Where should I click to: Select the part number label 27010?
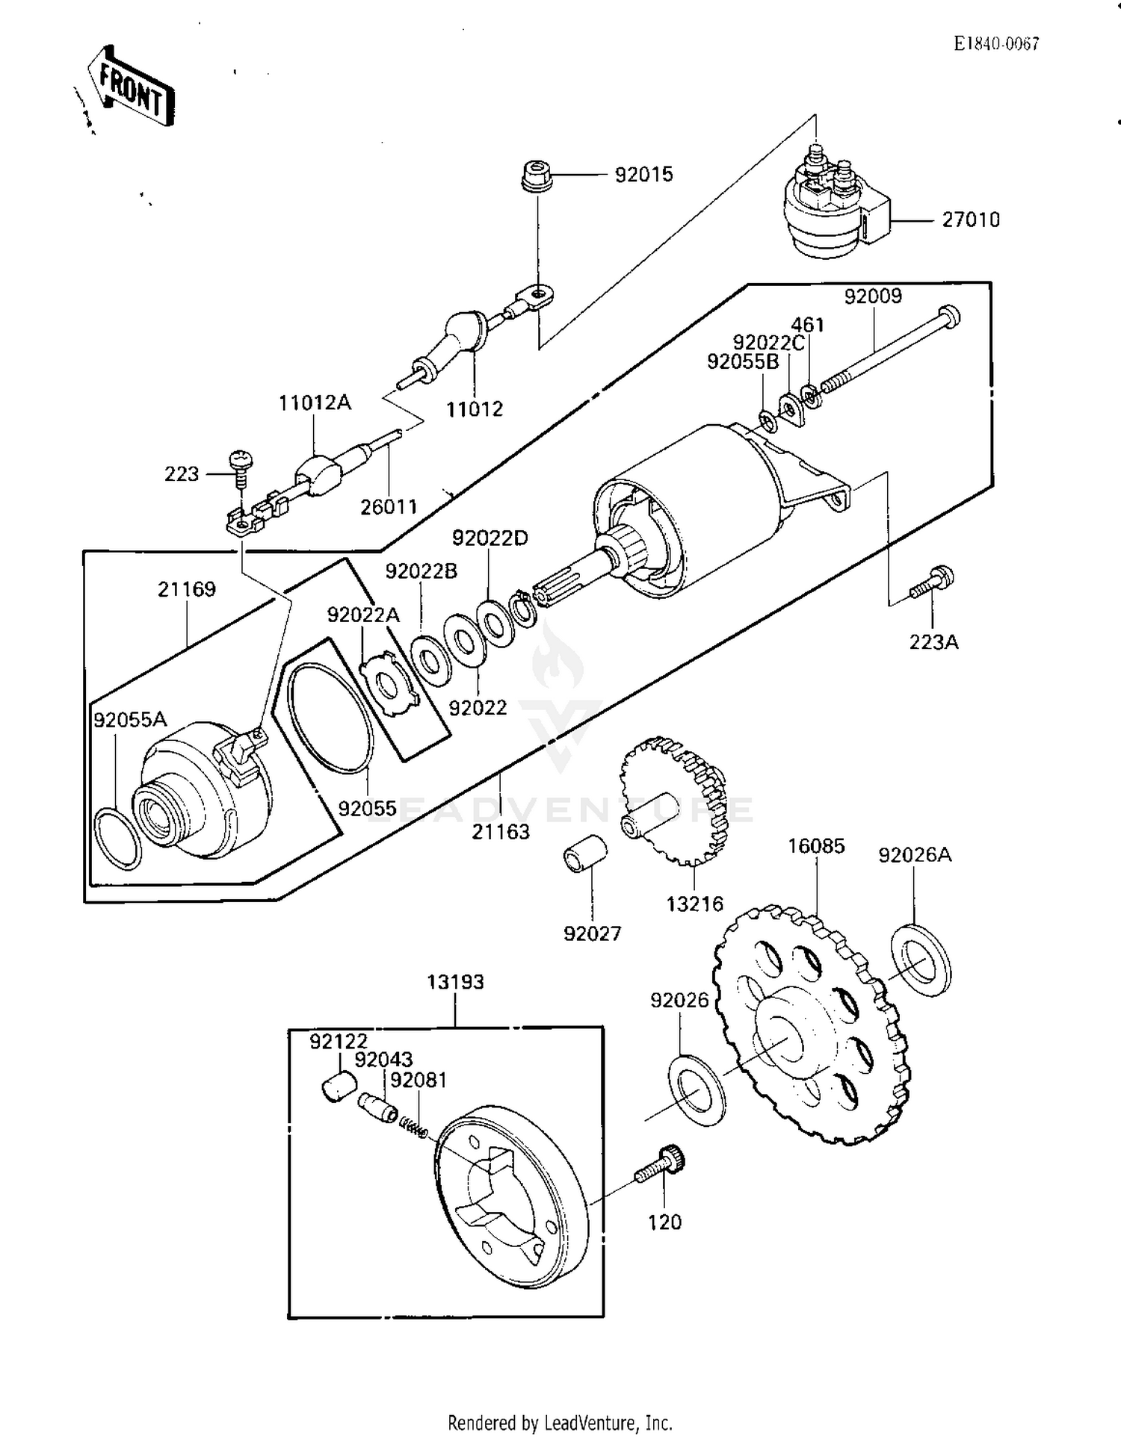970,220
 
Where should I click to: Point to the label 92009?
873,296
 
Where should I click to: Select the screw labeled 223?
241,466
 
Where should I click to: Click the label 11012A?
315,403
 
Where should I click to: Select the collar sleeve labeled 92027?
584,853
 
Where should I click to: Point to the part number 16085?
816,847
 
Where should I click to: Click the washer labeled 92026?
696,1091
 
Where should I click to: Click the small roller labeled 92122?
339,1086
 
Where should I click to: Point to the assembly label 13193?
455,982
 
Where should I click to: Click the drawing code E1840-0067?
996,44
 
